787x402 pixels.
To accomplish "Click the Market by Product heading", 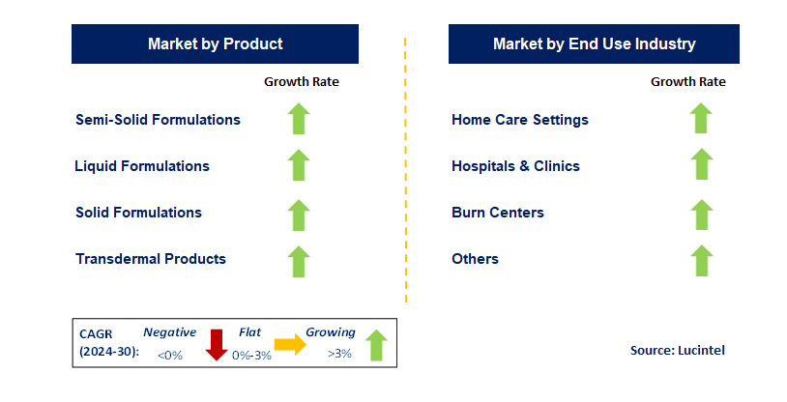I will [215, 43].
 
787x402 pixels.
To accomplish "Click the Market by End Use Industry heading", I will [594, 43].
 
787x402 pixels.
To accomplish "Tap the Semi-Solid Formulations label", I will [158, 120].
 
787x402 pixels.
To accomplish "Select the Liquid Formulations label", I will [142, 166].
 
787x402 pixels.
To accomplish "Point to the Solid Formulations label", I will [138, 213].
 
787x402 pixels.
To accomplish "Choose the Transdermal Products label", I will [150, 259].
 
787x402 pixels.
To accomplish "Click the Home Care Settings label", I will [520, 120].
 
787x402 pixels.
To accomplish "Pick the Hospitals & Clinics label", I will [515, 166].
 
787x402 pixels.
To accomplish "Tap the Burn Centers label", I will [498, 213].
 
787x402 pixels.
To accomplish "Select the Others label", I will [475, 259].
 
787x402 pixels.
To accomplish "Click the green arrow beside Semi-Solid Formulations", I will [299, 119].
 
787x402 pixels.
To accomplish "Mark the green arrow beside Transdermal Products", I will [299, 260].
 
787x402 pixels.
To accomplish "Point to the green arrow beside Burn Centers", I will [701, 214].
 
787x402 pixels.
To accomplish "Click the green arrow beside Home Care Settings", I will [701, 119].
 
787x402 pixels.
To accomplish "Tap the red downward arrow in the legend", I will [216, 344].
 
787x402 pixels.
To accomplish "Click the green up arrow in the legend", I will [376, 344].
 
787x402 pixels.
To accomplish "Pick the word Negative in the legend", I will [170, 332].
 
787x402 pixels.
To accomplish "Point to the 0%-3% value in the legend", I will [251, 355].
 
